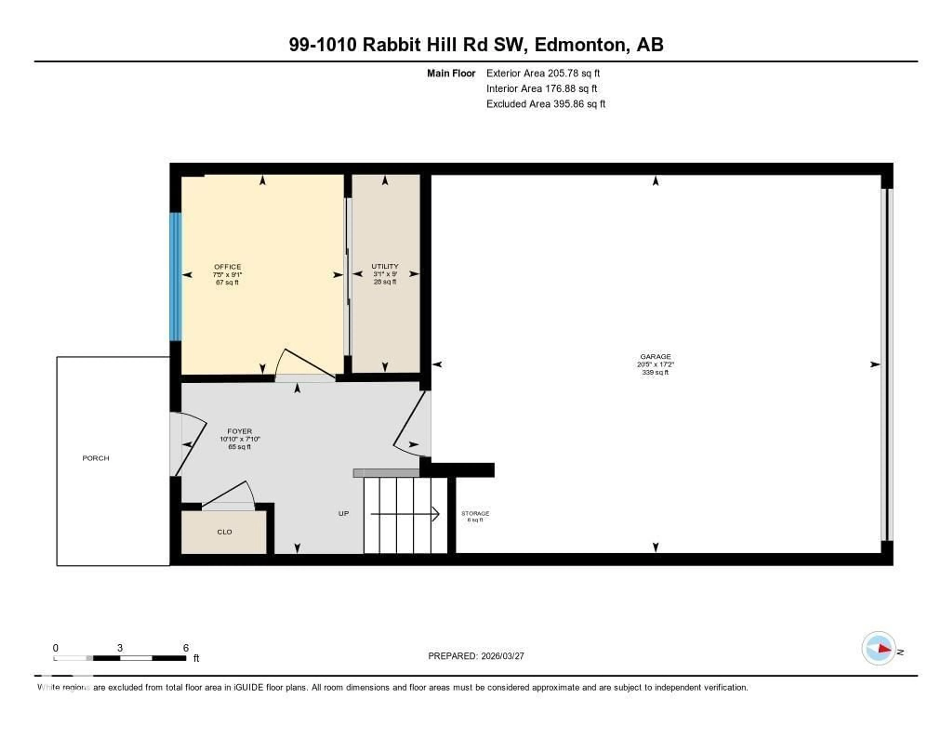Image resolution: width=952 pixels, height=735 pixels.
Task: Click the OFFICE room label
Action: tap(227, 267)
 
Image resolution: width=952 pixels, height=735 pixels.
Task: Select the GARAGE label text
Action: tap(655, 356)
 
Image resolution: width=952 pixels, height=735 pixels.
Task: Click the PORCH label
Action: tap(95, 458)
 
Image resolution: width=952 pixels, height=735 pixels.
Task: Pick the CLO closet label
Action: tap(224, 532)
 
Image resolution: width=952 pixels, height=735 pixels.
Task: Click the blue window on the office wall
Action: tap(175, 276)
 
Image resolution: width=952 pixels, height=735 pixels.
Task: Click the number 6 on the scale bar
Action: tap(186, 648)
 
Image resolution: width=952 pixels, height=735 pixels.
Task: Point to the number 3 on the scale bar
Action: tap(120, 648)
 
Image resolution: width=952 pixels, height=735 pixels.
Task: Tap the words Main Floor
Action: tap(451, 73)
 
